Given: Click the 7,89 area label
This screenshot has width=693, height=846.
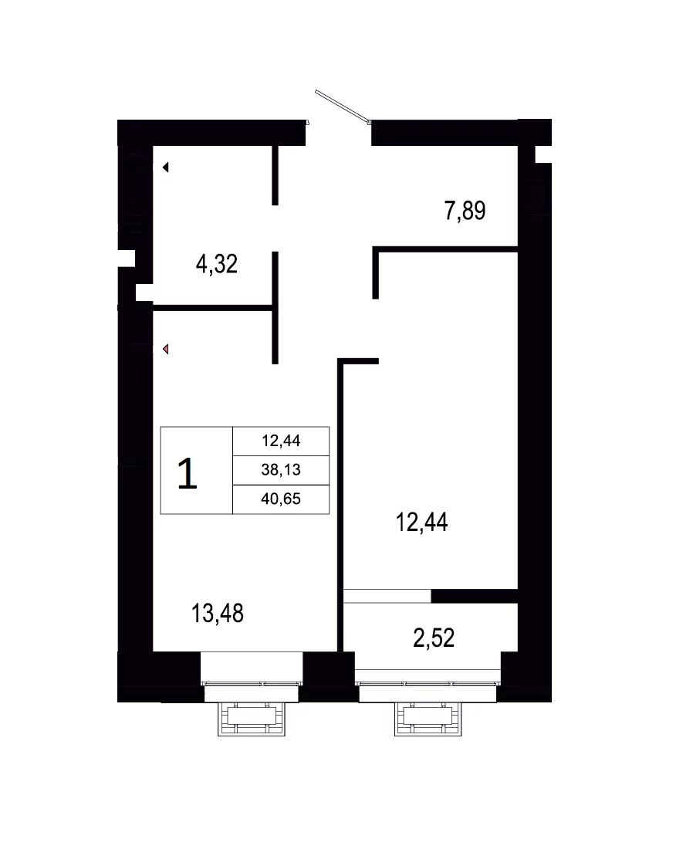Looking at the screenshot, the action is [465, 211].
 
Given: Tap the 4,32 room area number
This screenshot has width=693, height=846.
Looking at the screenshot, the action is [217, 264].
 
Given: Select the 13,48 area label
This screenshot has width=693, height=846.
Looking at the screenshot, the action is [218, 614].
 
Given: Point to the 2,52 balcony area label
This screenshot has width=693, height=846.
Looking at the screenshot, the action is [434, 638].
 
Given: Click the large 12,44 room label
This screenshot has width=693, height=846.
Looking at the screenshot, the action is [421, 523].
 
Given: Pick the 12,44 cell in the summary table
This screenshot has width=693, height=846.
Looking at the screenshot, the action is [281, 441].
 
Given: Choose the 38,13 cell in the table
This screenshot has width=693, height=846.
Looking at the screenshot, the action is [281, 470].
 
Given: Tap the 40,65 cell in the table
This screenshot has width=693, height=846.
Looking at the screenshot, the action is [281, 499].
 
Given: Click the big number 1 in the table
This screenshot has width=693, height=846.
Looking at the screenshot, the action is [187, 474].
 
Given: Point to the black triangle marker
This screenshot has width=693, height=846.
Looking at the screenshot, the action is [166, 168].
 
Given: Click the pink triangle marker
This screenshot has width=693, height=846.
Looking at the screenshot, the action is [166, 349].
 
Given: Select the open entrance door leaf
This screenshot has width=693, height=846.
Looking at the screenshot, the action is [343, 107].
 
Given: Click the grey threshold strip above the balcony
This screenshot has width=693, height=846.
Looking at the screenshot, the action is [387, 596].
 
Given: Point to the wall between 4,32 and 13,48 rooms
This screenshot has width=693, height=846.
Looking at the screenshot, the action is [212, 308].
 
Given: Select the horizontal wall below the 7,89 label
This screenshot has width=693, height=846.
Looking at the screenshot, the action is [445, 249].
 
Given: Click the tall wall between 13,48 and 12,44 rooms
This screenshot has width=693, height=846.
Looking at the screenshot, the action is [340, 505].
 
